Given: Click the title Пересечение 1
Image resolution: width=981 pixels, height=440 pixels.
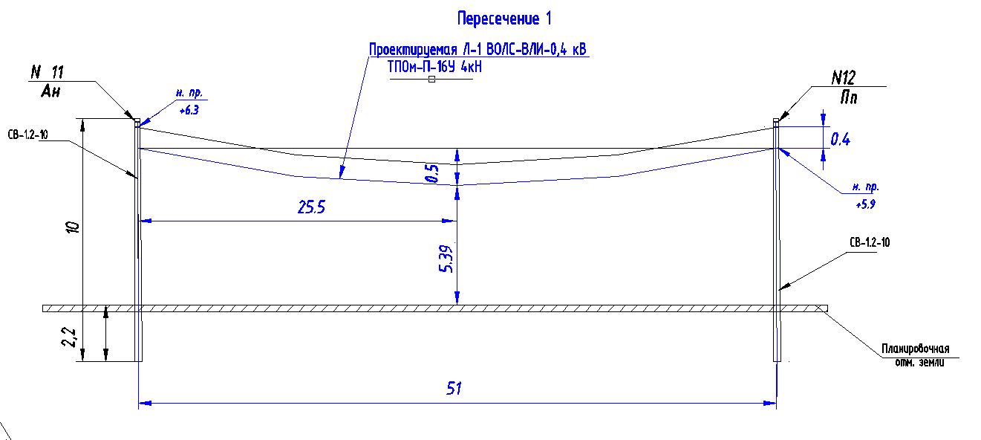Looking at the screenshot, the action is click(504, 19).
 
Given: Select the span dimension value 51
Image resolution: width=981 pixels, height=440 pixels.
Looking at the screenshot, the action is click(454, 388).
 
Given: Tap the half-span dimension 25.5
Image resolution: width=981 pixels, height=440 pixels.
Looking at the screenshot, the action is click(311, 207).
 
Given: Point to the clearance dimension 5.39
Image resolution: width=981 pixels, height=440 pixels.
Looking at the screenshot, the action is click(446, 259).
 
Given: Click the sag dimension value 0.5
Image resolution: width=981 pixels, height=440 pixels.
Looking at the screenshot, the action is click(431, 173).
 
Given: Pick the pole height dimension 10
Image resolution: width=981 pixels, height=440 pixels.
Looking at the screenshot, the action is click(73, 227).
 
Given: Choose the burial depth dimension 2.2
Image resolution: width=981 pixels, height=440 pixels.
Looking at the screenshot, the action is click(69, 337).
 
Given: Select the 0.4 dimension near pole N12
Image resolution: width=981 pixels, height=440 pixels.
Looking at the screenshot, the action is click(840, 140).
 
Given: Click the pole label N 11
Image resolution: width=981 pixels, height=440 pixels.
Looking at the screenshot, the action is click(48, 72).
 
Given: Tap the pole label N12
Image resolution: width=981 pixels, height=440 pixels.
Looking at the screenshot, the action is click(843, 78).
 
